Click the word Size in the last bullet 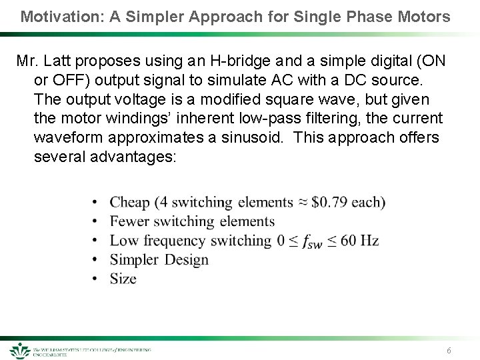tap(123, 279)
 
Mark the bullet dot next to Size tap(96, 279)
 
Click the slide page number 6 tap(449, 351)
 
